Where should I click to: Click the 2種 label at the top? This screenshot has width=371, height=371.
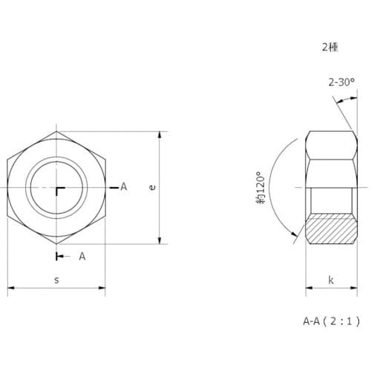330,47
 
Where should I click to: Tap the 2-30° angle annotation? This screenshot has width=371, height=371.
341,82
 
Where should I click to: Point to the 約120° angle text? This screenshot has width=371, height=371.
260,188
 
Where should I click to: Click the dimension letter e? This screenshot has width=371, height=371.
153,187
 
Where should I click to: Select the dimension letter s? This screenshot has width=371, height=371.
56,280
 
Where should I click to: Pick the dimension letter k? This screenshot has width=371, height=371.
331,280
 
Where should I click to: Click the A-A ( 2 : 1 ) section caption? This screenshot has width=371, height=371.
332,321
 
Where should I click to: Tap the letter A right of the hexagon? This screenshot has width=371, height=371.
124,187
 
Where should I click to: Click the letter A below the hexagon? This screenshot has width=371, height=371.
82,257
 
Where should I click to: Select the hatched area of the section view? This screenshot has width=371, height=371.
331,229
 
